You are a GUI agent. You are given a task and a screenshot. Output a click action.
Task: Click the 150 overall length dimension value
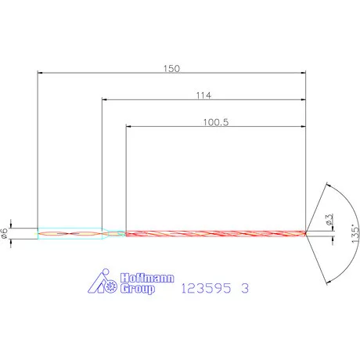[x=171, y=69]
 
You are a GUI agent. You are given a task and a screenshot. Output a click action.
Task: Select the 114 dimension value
[x=203, y=95]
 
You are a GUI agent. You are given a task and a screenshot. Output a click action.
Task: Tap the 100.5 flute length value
[x=216, y=122]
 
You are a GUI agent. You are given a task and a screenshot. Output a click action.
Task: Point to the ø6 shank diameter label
[x=4, y=233]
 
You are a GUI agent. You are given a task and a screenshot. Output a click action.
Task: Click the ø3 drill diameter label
[x=329, y=220]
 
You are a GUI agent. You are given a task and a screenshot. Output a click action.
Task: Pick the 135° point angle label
[x=355, y=233]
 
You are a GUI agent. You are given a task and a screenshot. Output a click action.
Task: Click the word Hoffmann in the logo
[x=147, y=278]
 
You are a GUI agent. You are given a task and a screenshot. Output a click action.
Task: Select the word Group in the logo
[x=138, y=289]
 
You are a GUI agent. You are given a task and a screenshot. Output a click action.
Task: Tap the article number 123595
[x=206, y=288]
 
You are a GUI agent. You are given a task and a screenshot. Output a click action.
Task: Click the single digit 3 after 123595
[x=245, y=288]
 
